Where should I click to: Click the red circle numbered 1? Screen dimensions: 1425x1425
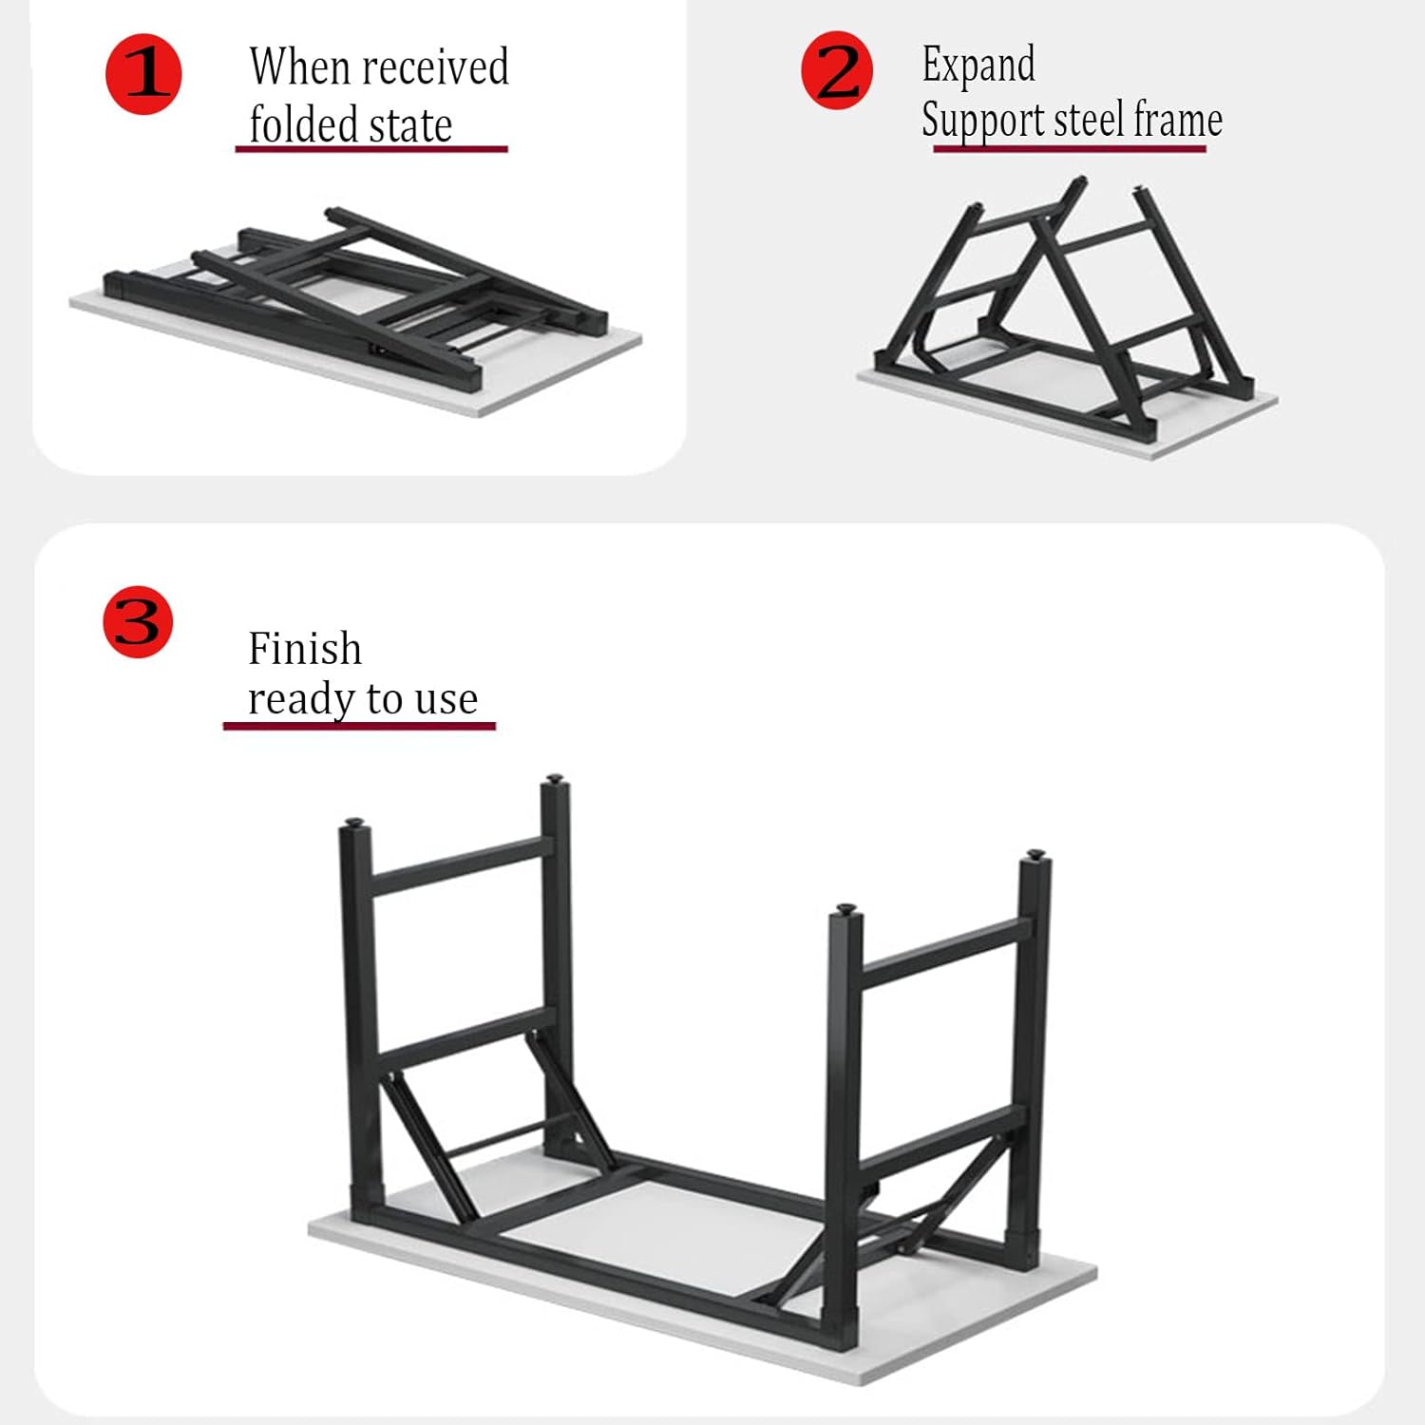point(143,75)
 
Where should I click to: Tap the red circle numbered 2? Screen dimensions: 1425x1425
point(837,70)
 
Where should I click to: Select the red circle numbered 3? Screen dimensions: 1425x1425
point(139,621)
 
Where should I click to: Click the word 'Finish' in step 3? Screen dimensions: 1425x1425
point(305,649)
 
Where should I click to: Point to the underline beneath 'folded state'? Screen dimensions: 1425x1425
point(371,149)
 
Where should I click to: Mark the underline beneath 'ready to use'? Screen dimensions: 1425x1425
point(359,727)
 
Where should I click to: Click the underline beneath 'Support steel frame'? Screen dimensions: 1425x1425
point(1070,148)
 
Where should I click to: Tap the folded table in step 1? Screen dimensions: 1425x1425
point(356,313)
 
